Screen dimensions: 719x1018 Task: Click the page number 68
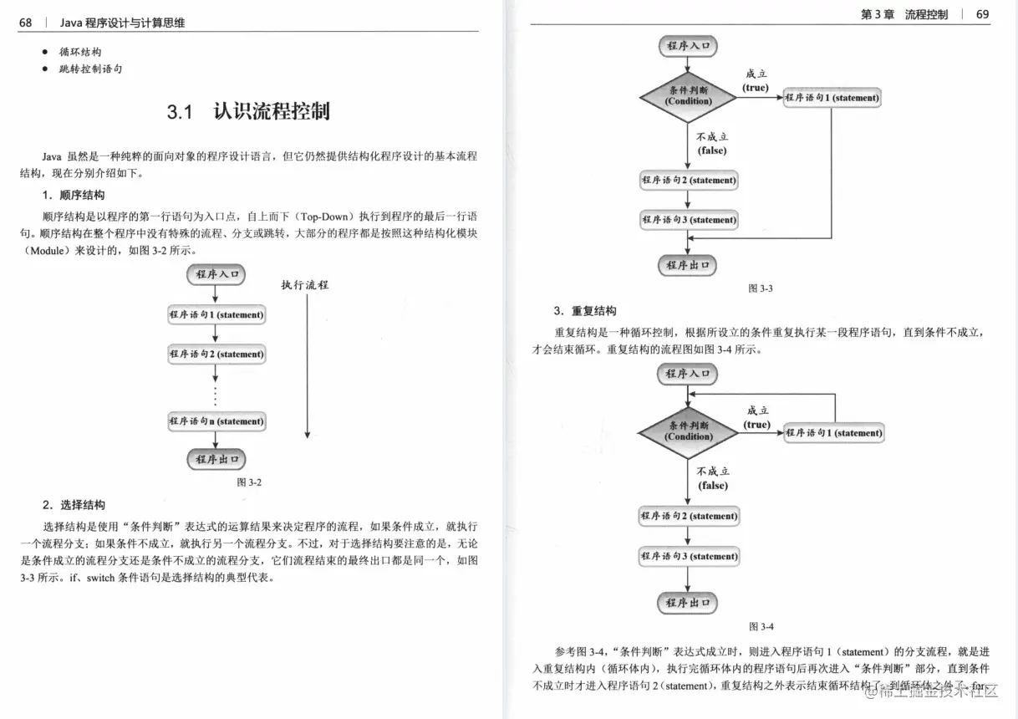(25, 23)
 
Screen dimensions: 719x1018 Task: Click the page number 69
(982, 14)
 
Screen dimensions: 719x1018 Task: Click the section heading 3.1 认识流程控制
(248, 111)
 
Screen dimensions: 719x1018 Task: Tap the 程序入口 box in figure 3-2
(216, 274)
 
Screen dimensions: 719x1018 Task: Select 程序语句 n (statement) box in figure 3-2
(216, 421)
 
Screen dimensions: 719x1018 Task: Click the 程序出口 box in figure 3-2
(216, 459)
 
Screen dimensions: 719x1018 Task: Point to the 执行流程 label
(305, 285)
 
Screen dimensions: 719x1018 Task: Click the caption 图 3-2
(249, 482)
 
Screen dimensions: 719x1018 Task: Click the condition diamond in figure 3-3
(688, 97)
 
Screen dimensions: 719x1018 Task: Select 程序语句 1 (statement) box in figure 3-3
(832, 98)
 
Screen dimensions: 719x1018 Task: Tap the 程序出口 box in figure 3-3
(688, 265)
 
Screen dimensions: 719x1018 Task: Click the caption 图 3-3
(761, 288)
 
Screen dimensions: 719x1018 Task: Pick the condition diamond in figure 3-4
(689, 432)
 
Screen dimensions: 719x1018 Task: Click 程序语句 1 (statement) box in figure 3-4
(833, 433)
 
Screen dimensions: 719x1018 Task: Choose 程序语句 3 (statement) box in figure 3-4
(689, 556)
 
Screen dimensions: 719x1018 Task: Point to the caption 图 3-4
(761, 626)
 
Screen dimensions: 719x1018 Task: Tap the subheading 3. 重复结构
(584, 311)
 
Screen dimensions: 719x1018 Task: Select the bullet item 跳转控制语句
(90, 69)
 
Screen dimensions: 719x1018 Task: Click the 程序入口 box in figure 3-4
(688, 374)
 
